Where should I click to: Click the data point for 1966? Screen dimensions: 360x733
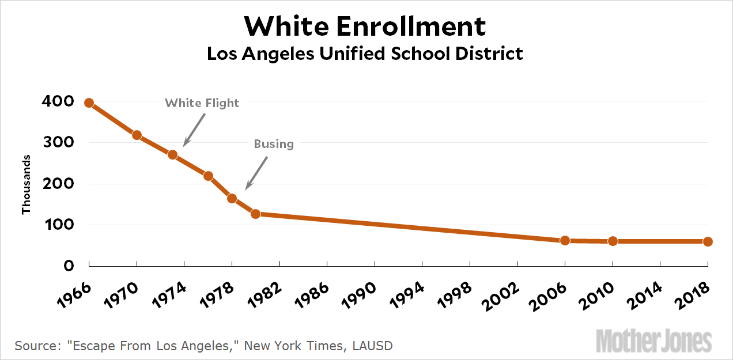pos(89,103)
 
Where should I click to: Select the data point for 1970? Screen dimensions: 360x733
pos(137,135)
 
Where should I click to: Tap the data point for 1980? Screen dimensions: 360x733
pos(255,214)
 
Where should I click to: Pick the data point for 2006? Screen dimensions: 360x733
pos(565,240)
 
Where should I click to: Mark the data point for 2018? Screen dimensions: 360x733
pos(708,241)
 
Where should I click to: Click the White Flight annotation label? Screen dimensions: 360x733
pos(202,103)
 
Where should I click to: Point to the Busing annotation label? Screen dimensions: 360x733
pos(274,144)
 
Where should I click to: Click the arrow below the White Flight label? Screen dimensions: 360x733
pos(194,130)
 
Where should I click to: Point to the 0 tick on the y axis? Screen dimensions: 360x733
pos(68,266)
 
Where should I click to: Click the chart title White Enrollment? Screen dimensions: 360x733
pos(365,26)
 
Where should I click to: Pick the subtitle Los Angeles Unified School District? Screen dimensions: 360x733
pos(365,54)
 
